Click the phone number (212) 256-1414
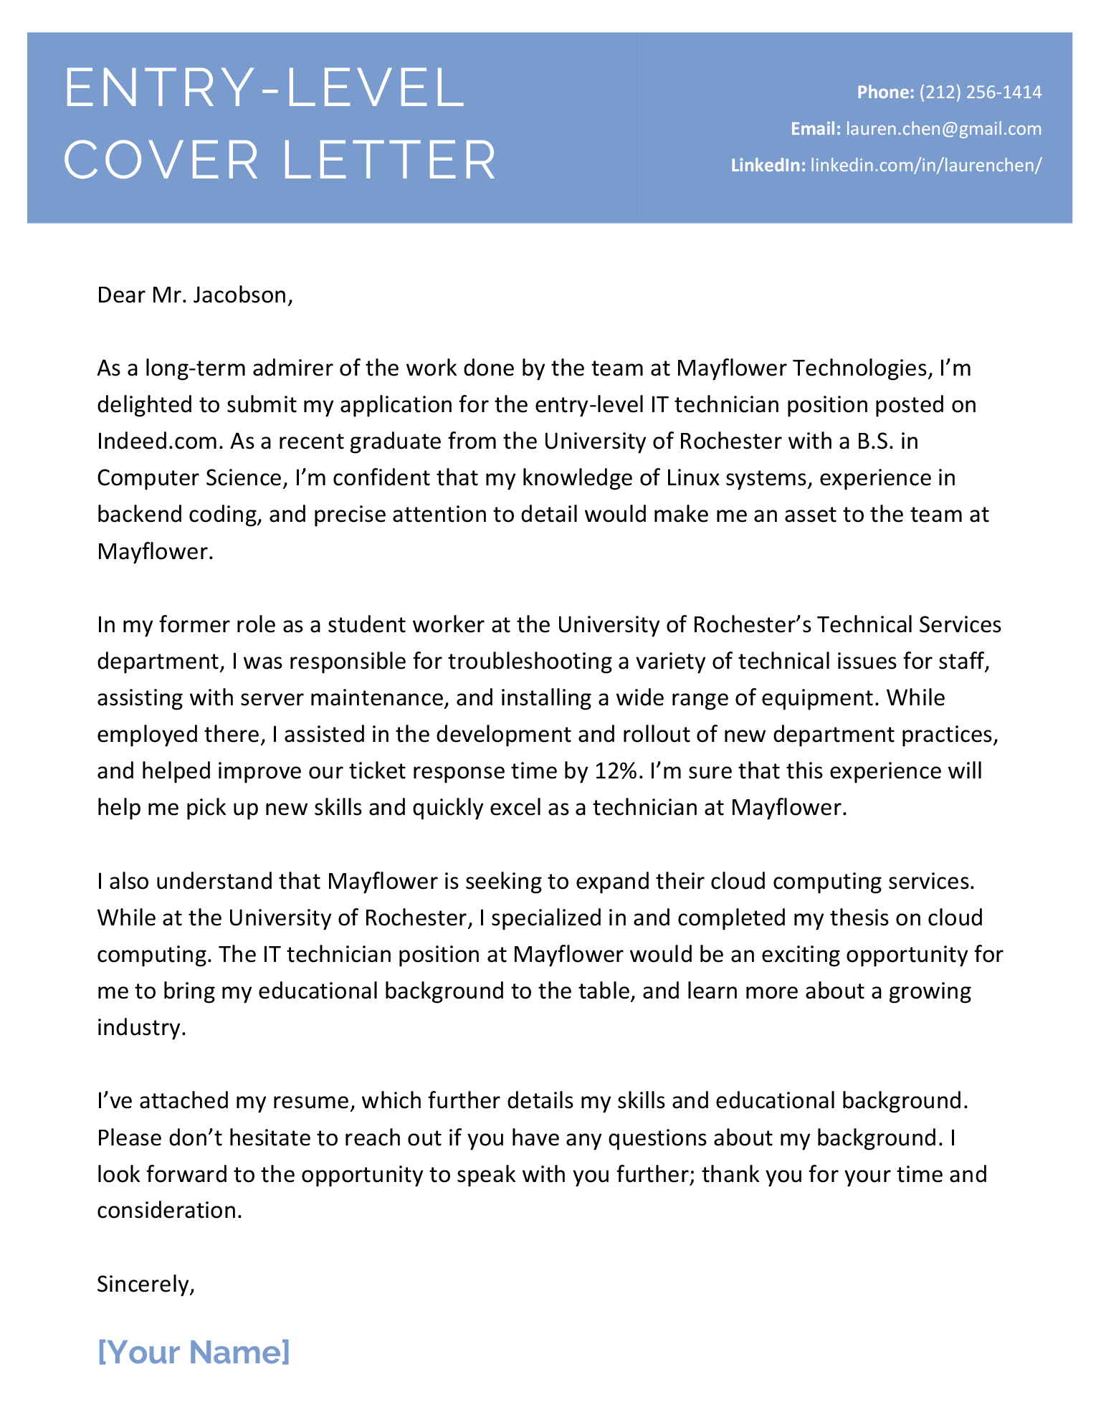[980, 92]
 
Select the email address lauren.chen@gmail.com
[943, 129]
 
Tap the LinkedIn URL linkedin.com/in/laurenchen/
[925, 166]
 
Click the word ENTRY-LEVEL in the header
[264, 88]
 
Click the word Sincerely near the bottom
[144, 1284]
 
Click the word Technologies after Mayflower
[852, 368]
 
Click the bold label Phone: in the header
[885, 92]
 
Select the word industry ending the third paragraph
[140, 1028]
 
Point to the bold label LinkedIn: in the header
[768, 166]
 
